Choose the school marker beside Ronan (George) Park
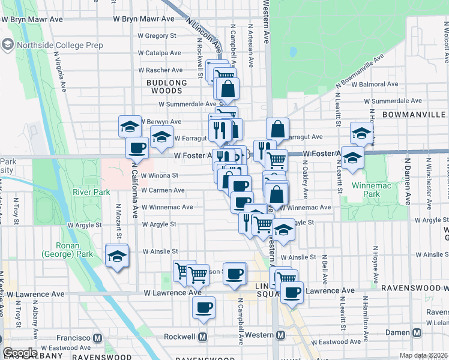116,256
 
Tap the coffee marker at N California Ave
137,148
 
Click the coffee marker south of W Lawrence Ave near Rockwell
203,308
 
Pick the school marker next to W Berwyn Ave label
130,126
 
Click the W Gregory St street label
157,36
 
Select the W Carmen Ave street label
163,190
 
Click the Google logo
20,352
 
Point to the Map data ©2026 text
422,355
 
